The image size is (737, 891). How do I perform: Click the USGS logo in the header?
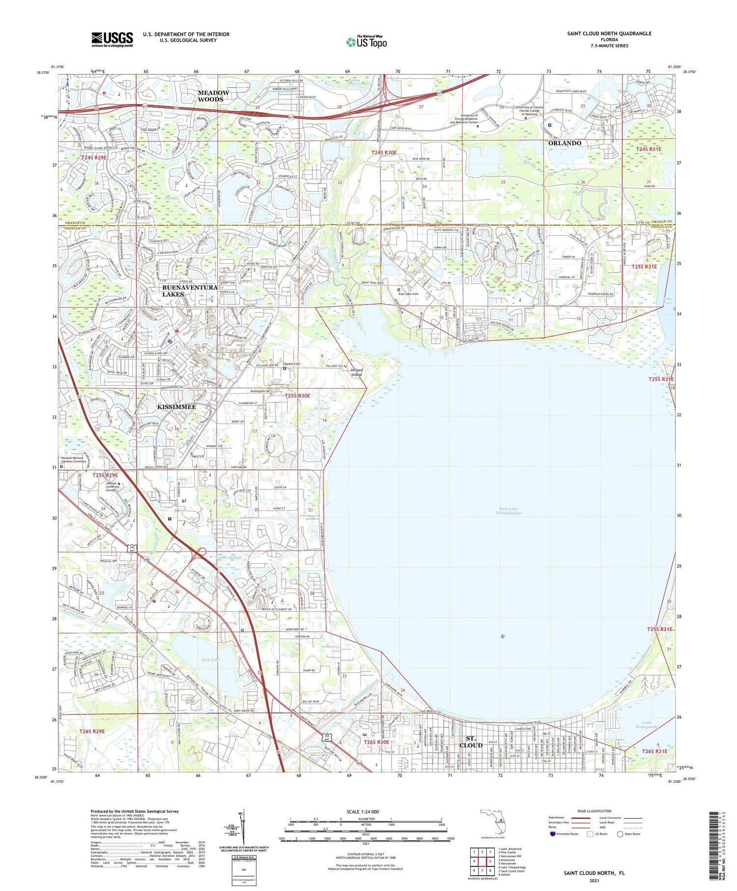(x=112, y=39)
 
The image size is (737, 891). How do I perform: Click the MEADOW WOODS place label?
(x=213, y=96)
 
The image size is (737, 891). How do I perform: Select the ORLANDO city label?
(x=565, y=143)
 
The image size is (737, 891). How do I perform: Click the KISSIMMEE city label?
(x=176, y=406)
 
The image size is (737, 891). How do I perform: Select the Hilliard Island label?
(x=356, y=372)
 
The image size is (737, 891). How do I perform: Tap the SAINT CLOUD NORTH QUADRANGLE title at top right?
(x=609, y=33)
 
